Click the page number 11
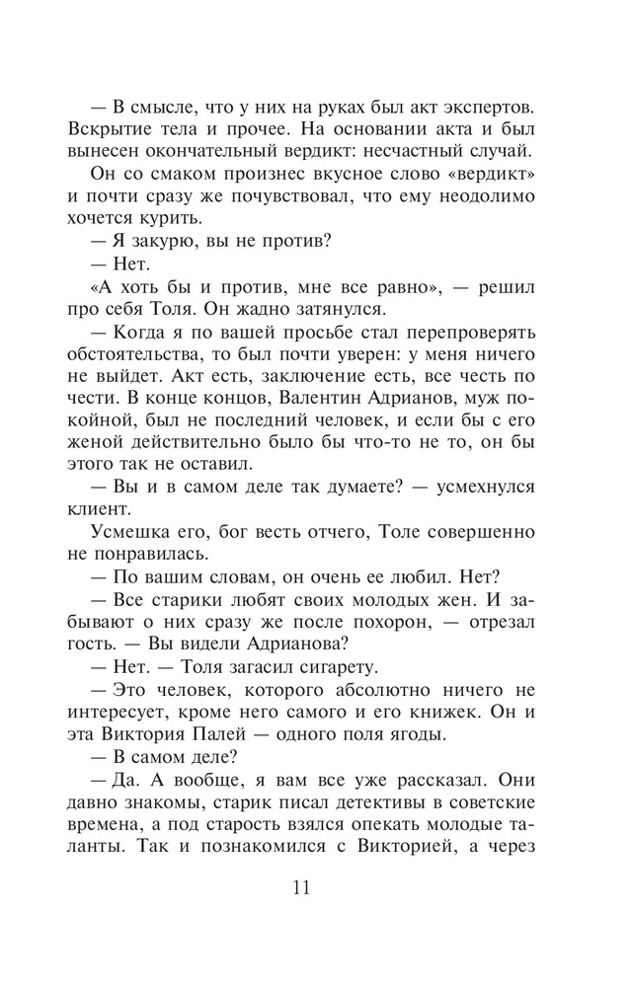[301, 885]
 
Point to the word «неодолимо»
[484, 197]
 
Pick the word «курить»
[219, 220]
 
